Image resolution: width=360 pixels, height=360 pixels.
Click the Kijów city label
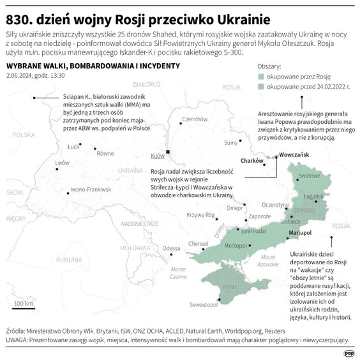pos(157,156)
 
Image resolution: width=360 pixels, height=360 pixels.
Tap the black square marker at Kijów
pos(167,152)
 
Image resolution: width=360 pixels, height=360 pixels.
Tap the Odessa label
pos(171,248)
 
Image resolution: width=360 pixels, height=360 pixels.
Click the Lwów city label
pos(62,163)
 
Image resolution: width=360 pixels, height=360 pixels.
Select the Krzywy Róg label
pos(199,215)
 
